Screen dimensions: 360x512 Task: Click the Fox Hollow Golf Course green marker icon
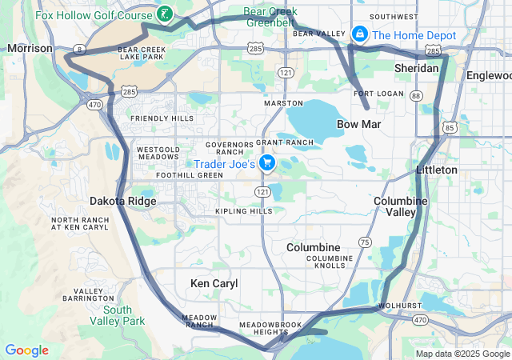coord(164,14)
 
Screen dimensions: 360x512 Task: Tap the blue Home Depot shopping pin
coord(360,34)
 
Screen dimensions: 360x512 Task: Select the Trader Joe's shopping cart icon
coord(267,164)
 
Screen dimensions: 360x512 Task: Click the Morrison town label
coord(30,49)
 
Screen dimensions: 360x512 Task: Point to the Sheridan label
coord(416,69)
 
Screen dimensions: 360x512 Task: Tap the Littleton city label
coord(436,170)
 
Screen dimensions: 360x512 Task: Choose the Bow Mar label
coord(358,125)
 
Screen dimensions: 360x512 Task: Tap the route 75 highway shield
coord(365,242)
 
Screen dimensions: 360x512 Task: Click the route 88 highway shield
coord(415,96)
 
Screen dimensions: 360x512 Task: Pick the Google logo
coord(26,350)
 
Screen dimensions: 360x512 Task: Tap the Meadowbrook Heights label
coord(270,329)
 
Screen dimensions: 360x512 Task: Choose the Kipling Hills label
coord(244,211)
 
